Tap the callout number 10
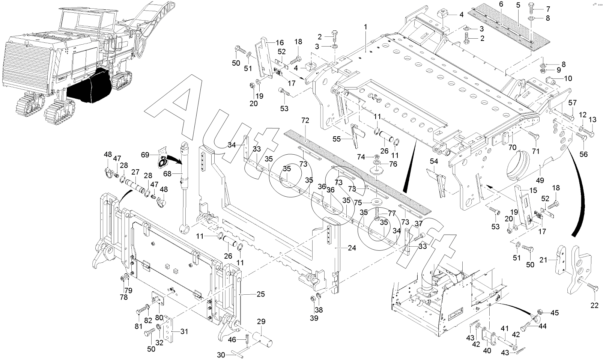[x=568, y=78]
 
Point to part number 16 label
[x=280, y=42]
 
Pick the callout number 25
[x=260, y=294]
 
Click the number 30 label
[x=221, y=354]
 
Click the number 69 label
[x=145, y=154]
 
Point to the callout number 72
[x=305, y=121]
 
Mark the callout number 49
[x=540, y=180]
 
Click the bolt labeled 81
[x=141, y=311]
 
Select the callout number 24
[x=352, y=248]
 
